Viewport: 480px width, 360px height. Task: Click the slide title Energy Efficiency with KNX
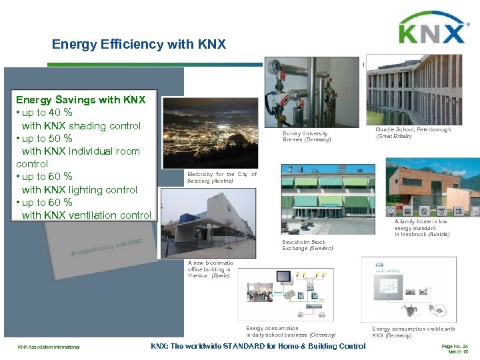coord(139,45)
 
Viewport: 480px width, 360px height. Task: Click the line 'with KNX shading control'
coord(81,126)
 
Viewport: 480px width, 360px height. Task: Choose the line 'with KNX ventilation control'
coord(87,215)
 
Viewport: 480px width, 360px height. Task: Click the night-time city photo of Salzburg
coord(209,133)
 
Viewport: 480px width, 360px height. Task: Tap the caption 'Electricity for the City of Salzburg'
coord(221,177)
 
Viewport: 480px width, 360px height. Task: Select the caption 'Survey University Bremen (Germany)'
coord(306,136)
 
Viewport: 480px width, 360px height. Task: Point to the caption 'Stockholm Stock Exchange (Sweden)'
coord(307,245)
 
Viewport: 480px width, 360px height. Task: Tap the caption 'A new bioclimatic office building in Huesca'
coord(209,269)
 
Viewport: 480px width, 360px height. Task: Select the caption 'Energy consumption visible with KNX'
coord(413,331)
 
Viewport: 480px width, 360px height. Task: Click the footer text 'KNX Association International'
coord(49,347)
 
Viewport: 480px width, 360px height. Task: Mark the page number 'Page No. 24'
coord(455,346)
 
